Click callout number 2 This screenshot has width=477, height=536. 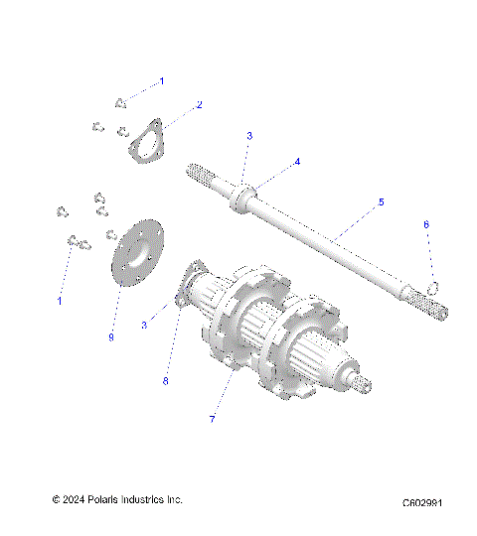click(x=199, y=104)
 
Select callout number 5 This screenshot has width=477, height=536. click(x=353, y=202)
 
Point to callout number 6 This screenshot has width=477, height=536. click(x=426, y=253)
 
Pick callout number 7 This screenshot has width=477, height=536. click(x=211, y=420)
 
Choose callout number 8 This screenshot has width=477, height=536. click(x=166, y=380)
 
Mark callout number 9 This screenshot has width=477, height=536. click(x=112, y=337)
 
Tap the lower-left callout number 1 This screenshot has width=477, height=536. click(x=59, y=300)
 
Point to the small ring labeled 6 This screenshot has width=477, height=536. click(x=434, y=288)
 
